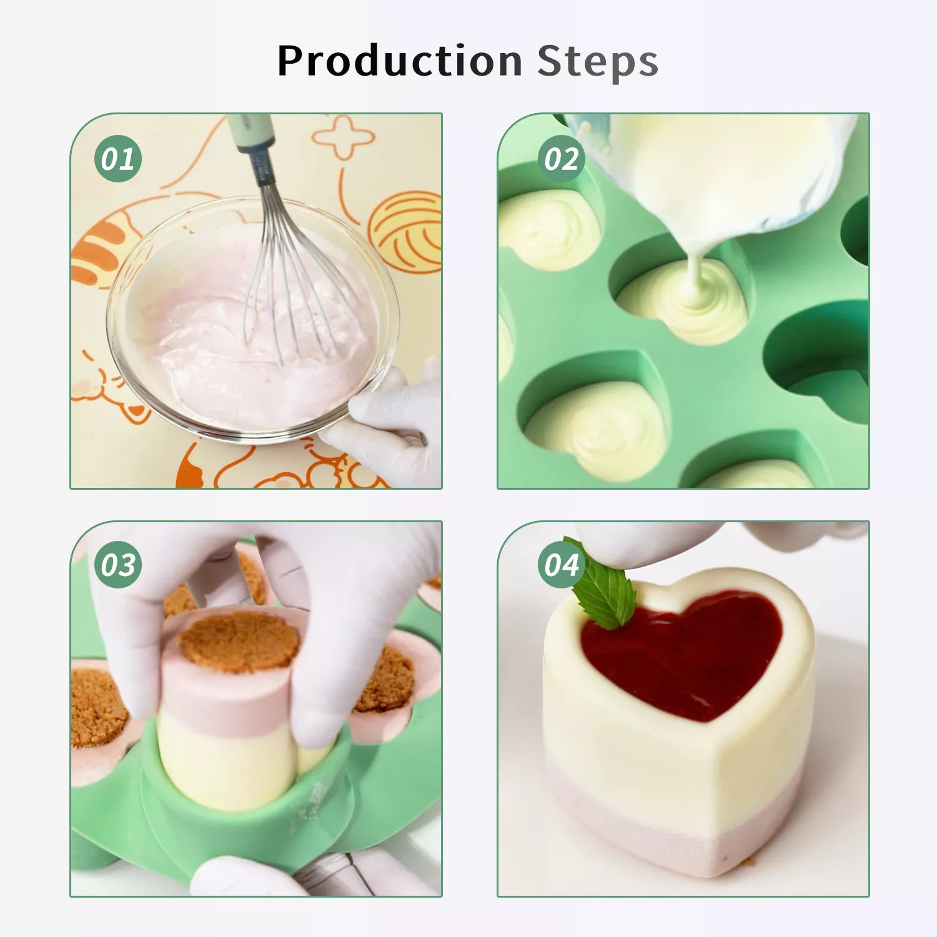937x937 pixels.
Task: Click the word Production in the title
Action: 400,61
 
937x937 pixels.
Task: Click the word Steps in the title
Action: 598,61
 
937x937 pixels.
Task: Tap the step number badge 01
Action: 118,159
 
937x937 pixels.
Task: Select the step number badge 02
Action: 562,159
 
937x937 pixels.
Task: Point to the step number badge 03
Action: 118,565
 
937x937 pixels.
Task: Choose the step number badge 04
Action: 562,565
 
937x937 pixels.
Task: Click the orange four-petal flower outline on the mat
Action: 343,136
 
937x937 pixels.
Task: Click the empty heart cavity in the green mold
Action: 818,362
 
